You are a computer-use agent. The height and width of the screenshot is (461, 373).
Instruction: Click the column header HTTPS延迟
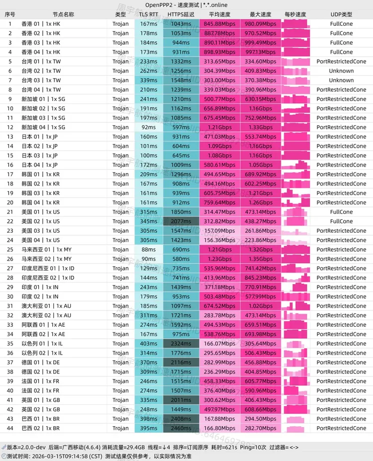[181, 14]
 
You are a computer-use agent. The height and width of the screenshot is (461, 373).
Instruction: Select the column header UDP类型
[341, 14]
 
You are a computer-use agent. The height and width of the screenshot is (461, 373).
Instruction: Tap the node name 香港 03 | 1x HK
[41, 43]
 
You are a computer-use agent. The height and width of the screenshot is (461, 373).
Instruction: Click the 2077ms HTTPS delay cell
[181, 221]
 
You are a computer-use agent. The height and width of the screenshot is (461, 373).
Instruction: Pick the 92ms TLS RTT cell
[148, 127]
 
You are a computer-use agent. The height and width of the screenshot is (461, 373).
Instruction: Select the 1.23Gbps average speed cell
[219, 259]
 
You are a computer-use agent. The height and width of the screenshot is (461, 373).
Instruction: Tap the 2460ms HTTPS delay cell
[181, 428]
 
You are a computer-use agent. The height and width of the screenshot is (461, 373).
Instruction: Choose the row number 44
[9, 428]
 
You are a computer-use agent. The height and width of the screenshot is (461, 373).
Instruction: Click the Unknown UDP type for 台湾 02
[341, 71]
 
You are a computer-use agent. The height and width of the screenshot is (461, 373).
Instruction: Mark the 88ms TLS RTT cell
[148, 250]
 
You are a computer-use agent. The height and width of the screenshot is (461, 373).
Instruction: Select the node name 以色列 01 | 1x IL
[42, 344]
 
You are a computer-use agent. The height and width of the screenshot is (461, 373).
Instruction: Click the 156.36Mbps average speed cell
[219, 240]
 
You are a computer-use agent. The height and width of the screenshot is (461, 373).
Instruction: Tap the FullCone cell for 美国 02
[341, 221]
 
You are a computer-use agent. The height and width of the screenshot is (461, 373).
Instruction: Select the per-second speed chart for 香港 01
[295, 24]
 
